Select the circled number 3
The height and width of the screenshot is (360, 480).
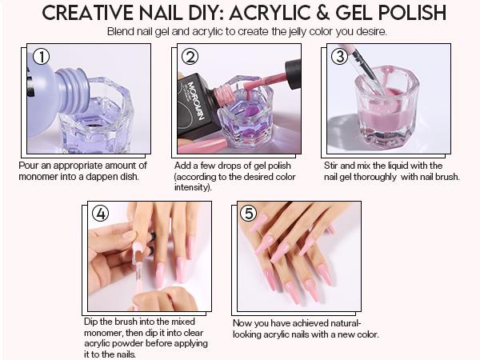click(x=339, y=57)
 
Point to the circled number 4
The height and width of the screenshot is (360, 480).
click(x=100, y=214)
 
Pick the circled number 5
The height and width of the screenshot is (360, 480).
click(x=249, y=214)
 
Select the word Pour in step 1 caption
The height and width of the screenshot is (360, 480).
click(x=29, y=166)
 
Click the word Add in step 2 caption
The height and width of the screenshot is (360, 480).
click(x=183, y=166)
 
